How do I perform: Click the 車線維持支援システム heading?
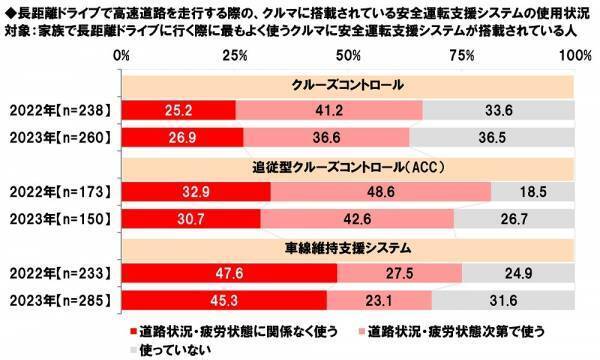pos(350,244)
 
